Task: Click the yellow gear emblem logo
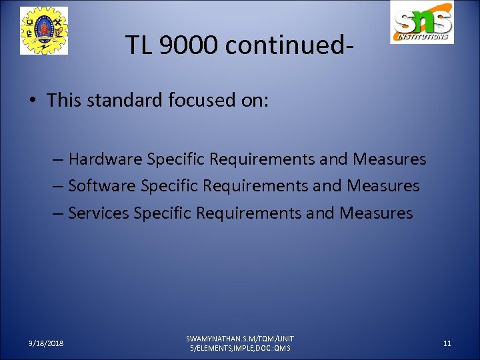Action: coord(44,31)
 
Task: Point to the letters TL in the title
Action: coord(137,45)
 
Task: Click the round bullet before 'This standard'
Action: coord(33,101)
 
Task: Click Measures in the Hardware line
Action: coord(389,159)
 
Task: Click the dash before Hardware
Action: coord(59,159)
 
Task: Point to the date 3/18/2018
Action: coord(46,343)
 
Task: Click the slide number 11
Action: coord(447,343)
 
